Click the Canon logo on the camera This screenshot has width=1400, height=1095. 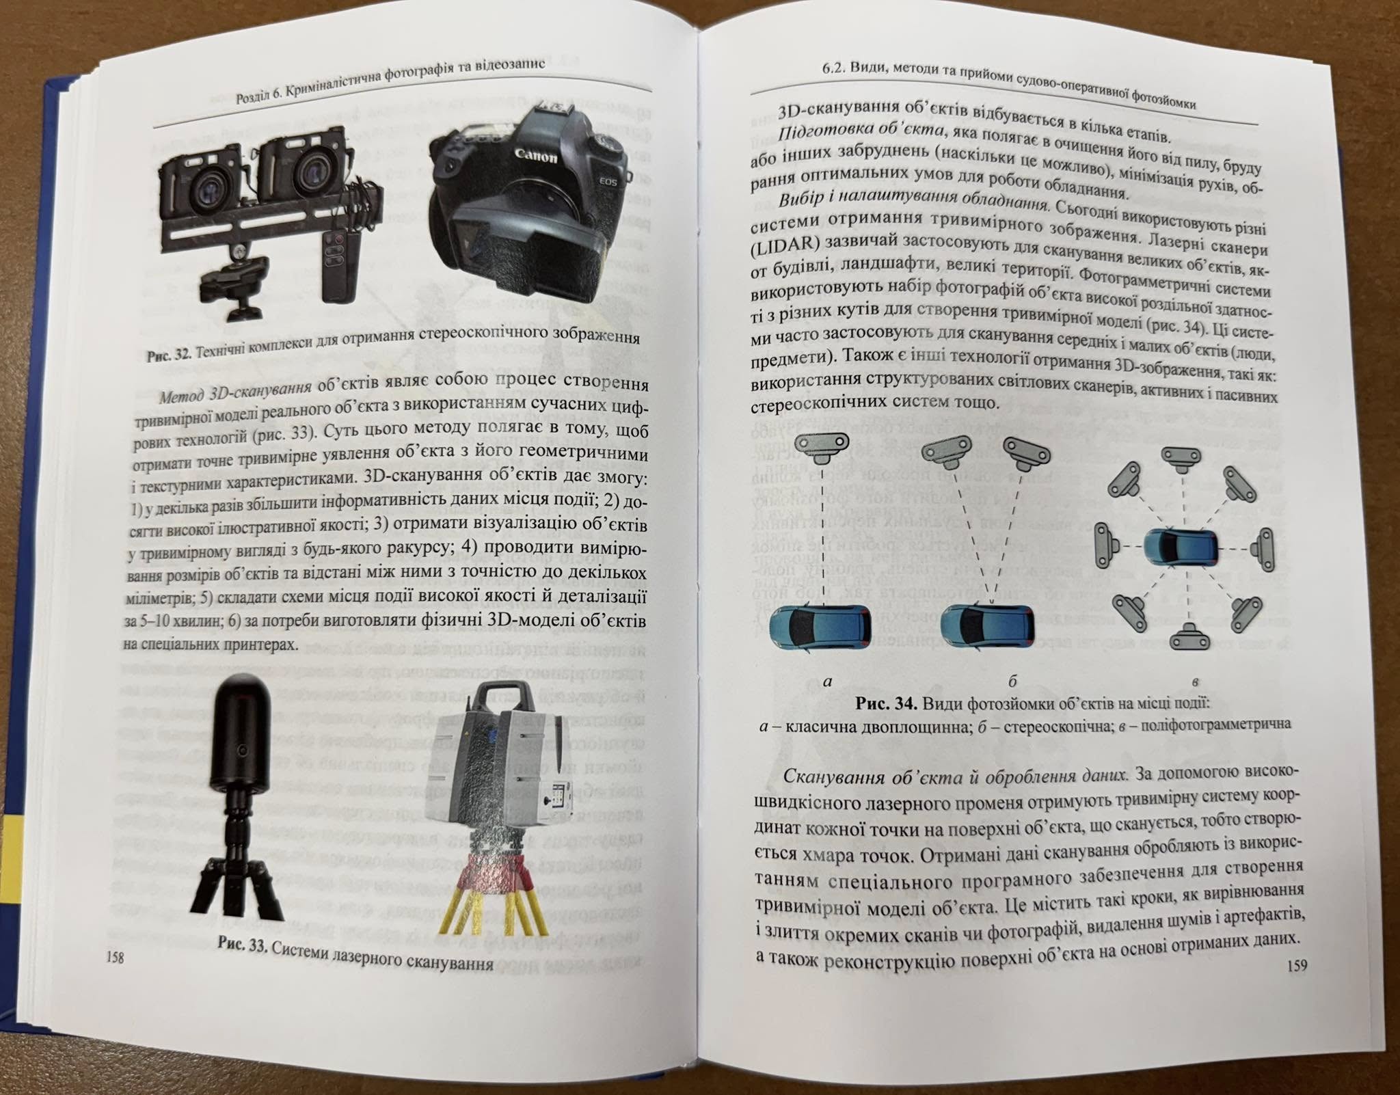[x=537, y=155]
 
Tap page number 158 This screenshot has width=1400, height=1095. [x=114, y=958]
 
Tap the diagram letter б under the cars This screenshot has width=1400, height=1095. [x=1012, y=681]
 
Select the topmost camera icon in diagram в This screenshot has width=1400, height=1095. [x=1181, y=457]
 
